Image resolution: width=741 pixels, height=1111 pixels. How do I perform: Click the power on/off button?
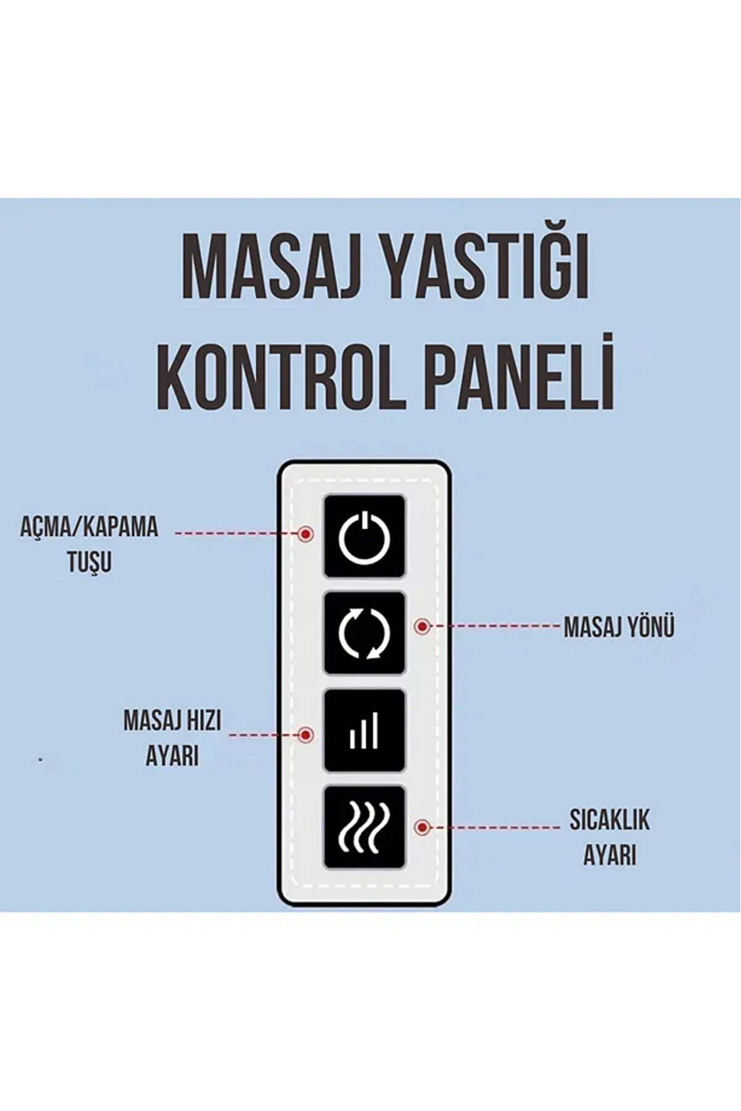click(365, 537)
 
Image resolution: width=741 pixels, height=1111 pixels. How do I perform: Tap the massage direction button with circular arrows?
click(365, 633)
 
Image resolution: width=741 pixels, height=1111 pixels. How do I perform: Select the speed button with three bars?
click(365, 730)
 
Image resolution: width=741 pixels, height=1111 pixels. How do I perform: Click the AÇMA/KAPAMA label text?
click(89, 528)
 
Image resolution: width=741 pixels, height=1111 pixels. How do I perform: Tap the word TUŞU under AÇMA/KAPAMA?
click(89, 562)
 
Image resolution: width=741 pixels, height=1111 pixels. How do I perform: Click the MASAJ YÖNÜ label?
click(618, 627)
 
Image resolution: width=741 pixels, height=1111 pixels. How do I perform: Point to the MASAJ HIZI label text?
click(172, 721)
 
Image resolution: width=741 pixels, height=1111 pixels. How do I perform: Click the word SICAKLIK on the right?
click(610, 821)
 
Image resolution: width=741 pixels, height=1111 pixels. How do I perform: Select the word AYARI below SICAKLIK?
click(610, 856)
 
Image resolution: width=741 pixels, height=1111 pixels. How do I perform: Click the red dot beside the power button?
click(305, 534)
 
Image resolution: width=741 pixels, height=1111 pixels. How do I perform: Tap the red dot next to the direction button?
click(423, 627)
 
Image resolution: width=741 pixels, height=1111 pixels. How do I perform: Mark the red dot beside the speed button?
click(305, 735)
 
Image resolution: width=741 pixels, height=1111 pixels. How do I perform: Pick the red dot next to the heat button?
click(423, 827)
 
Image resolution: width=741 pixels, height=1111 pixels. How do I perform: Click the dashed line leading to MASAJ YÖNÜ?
click(494, 626)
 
